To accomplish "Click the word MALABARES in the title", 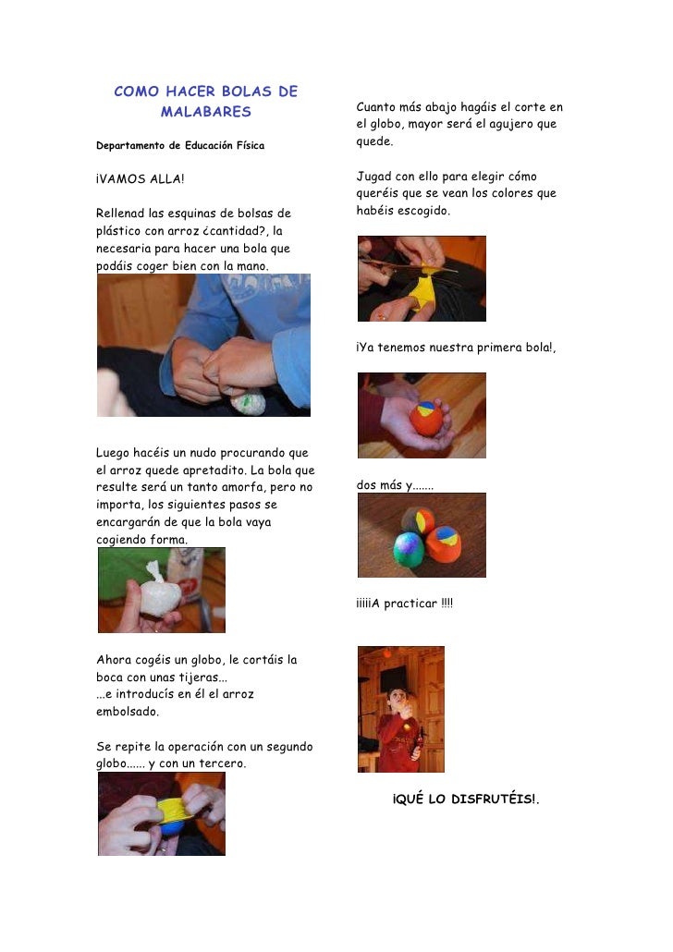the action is click(x=206, y=112).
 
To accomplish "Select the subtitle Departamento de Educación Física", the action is click(x=180, y=145).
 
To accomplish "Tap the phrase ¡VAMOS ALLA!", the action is click(x=141, y=178).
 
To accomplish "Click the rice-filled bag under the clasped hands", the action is click(x=248, y=401).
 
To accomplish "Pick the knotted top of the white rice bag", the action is click(x=155, y=569).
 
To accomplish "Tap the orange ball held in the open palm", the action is click(x=426, y=418).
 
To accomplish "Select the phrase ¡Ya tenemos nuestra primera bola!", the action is click(x=456, y=348).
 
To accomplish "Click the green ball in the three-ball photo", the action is click(x=409, y=549).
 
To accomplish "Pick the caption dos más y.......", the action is click(x=395, y=485).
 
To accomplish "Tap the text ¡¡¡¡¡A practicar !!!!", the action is click(x=405, y=603).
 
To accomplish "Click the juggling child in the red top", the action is click(x=399, y=728).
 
